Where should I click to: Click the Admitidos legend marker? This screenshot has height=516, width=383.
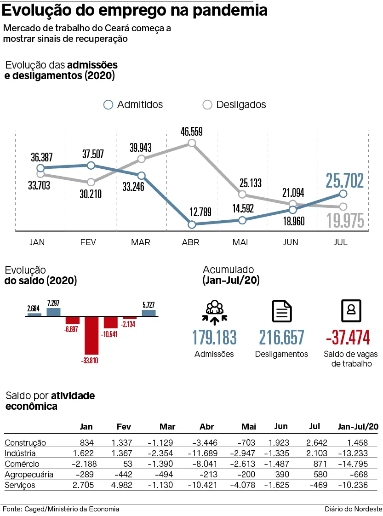[108, 105]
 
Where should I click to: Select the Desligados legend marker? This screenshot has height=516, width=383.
[207, 105]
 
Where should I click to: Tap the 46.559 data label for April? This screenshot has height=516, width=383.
[192, 132]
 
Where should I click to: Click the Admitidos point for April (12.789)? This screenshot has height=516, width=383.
[192, 224]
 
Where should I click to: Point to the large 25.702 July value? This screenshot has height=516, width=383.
[345, 180]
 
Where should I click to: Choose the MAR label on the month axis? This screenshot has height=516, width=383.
[141, 242]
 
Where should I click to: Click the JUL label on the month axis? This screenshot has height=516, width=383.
[341, 242]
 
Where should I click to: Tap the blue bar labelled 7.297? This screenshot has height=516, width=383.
[53, 312]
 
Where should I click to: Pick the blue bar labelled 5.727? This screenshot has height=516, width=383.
[149, 313]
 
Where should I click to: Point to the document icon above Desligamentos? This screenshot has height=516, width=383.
[282, 311]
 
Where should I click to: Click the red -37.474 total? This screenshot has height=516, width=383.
[348, 338]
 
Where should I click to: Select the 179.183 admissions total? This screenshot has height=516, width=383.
[214, 338]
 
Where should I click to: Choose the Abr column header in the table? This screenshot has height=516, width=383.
[207, 427]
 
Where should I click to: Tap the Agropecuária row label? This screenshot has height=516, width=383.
[29, 474]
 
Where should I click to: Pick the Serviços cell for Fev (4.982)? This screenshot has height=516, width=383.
[122, 485]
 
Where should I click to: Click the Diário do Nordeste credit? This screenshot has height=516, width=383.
[353, 509]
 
